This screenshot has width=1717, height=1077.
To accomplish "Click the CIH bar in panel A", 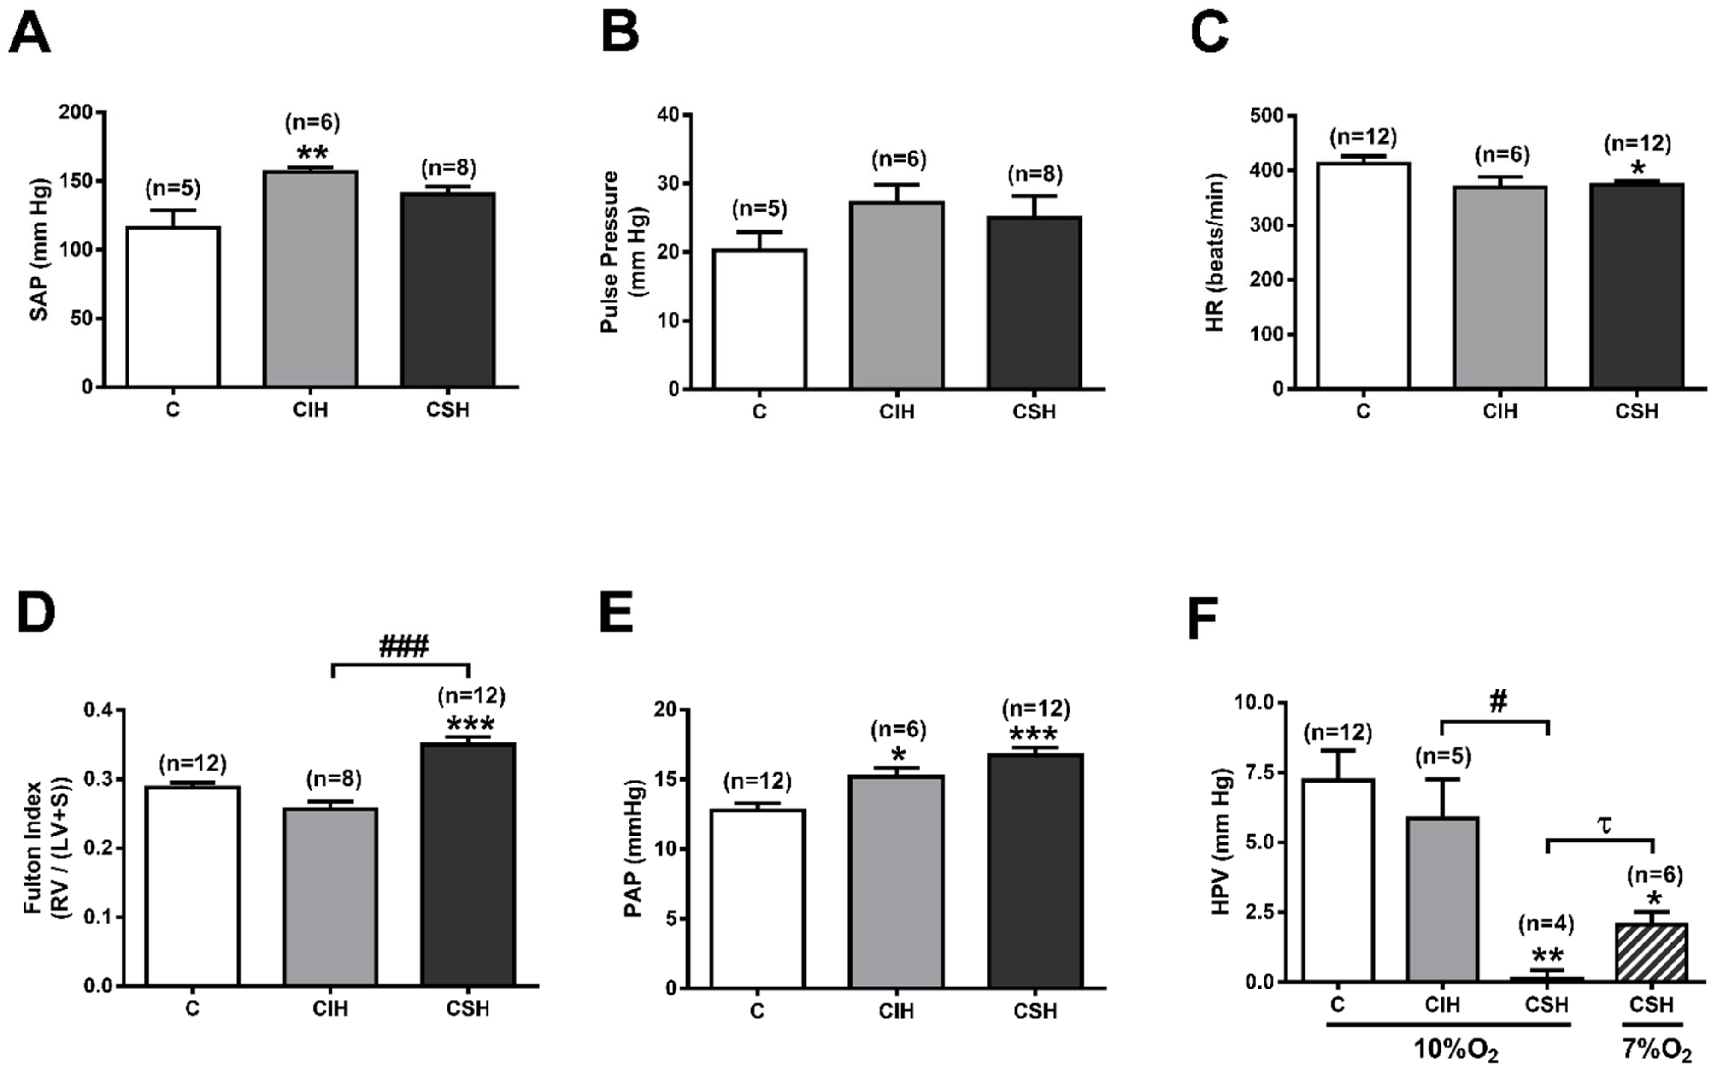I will tap(311, 279).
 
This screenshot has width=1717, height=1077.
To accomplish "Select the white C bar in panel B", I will tap(759, 319).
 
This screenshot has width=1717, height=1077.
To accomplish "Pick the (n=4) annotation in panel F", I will tap(1546, 924).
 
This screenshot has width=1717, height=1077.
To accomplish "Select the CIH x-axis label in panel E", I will tap(896, 1011).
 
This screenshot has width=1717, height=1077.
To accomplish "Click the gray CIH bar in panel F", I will tap(1442, 899).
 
